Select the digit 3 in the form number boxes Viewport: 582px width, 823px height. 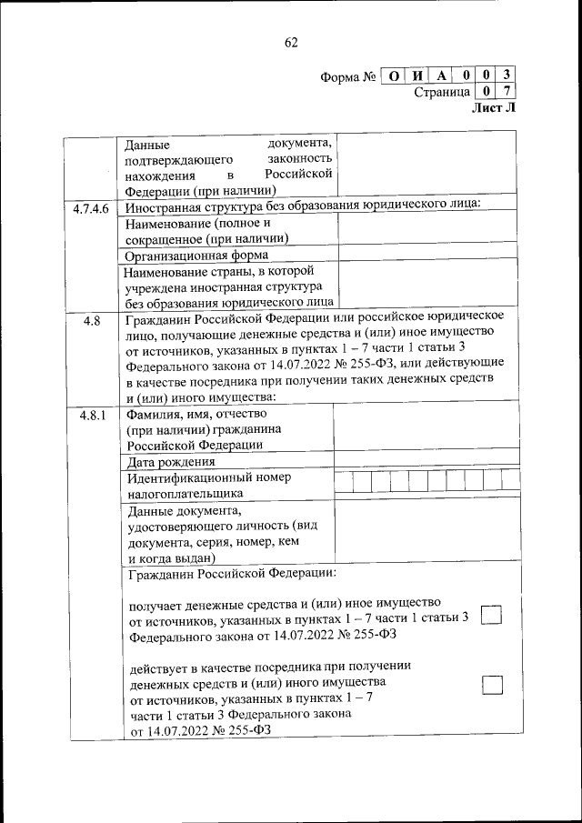tap(507, 75)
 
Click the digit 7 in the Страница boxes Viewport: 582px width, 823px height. tap(507, 91)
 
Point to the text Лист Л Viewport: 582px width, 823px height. tap(494, 108)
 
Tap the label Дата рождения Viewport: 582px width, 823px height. tap(177, 462)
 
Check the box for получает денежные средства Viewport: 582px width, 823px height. tap(491, 616)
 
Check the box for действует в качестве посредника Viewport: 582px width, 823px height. tap(491, 685)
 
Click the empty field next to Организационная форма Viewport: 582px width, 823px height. tap(427, 256)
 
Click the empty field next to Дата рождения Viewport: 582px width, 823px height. tap(427, 461)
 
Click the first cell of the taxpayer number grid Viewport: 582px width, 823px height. tap(343, 481)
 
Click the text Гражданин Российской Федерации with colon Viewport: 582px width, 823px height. tap(232, 574)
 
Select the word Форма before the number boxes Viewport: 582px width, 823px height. tap(341, 76)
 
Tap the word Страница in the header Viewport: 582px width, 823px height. tap(441, 92)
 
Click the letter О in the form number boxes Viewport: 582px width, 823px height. tap(393, 75)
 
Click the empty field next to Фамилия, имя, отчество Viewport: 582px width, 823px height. tap(427, 427)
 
